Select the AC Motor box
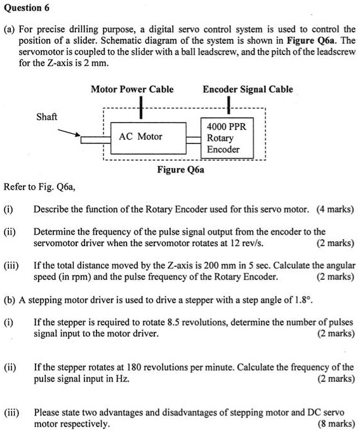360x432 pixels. coord(140,136)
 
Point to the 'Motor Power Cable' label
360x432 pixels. coord(131,89)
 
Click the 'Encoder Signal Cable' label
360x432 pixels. coord(248,89)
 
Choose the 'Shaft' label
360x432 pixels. coord(47,117)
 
